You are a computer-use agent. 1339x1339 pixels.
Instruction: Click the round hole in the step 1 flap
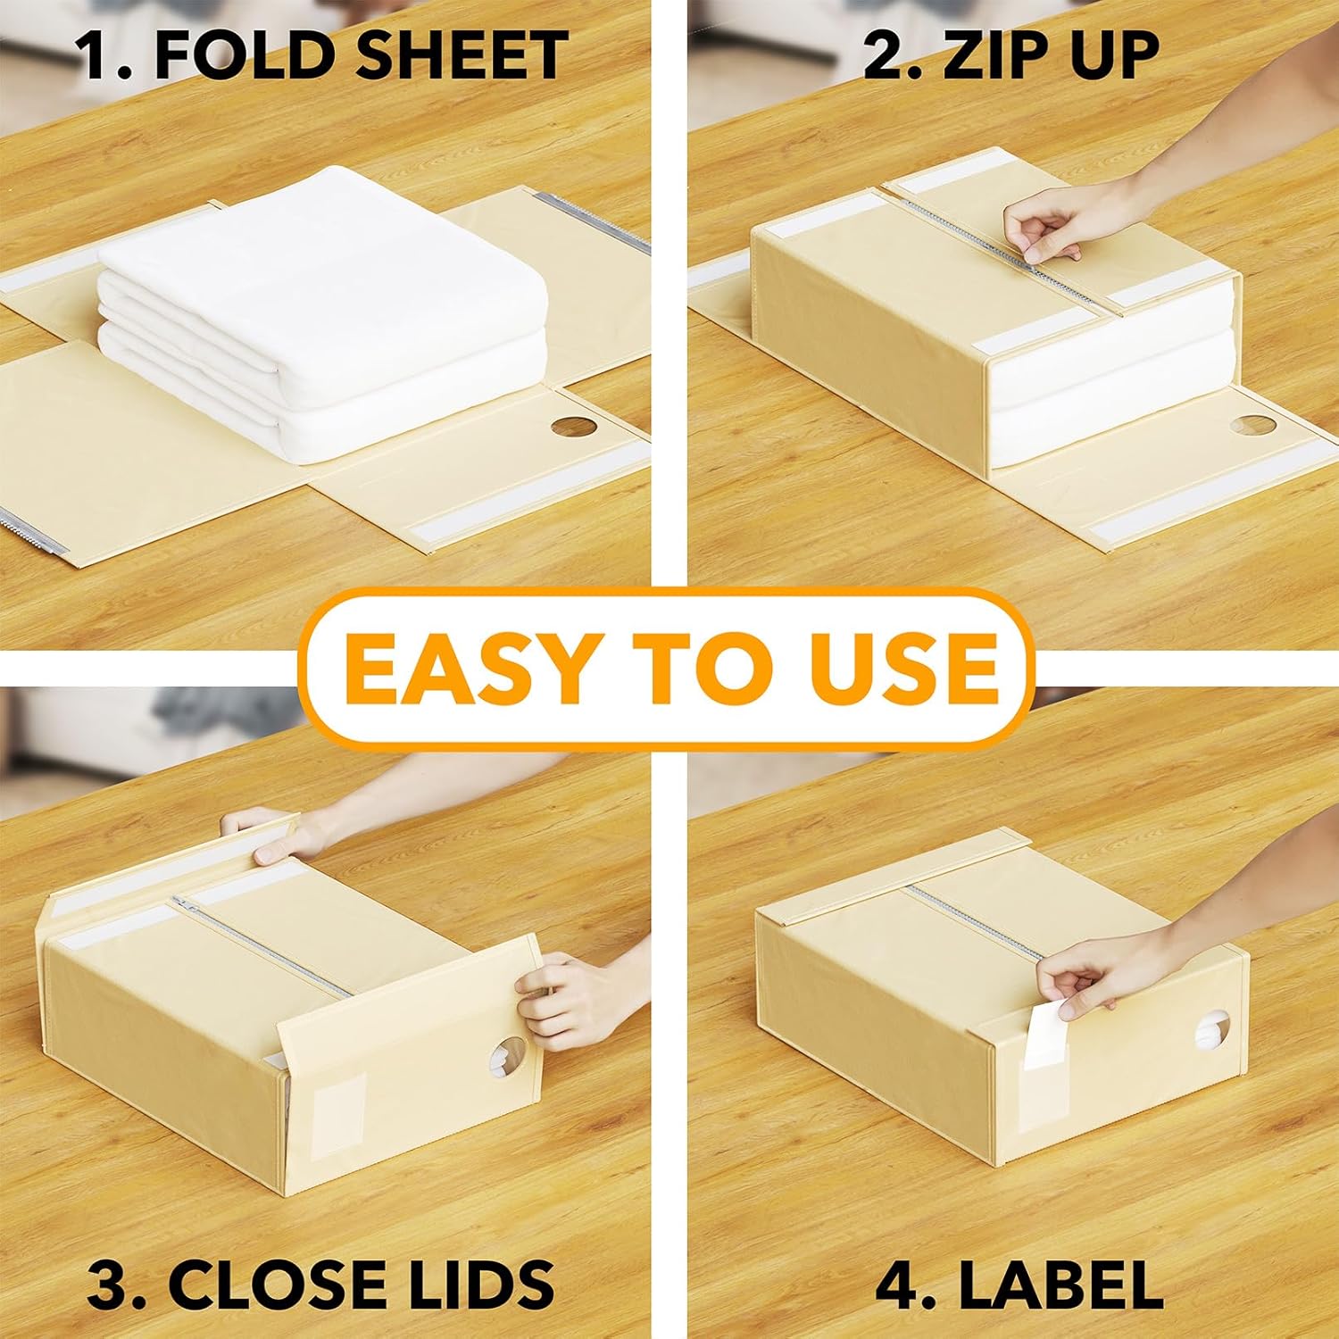[573, 427]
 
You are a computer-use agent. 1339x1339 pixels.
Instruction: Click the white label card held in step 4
[1042, 1035]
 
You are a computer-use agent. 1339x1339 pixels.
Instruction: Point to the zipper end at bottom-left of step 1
[34, 533]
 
